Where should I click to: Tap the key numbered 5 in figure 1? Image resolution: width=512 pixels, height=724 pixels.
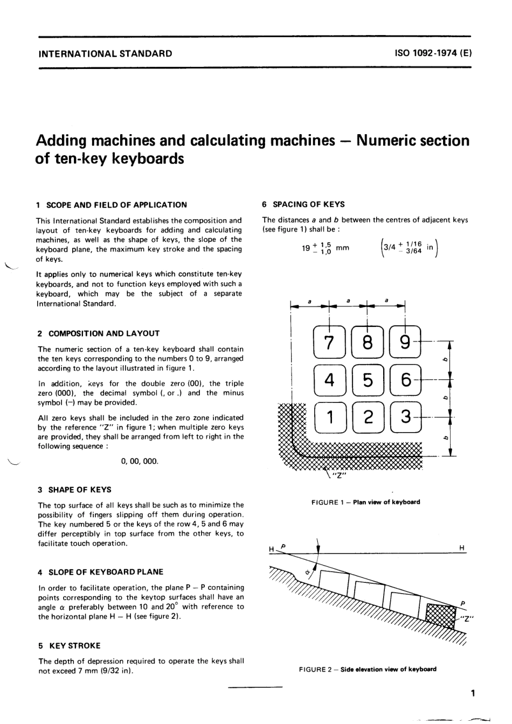coord(368,380)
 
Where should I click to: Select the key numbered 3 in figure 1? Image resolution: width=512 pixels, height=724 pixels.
coord(406,417)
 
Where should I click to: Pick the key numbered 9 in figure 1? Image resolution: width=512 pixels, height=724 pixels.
coord(406,343)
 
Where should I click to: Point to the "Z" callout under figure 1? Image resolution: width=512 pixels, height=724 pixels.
coord(340,476)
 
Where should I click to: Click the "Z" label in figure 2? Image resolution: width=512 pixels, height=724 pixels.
coord(467,618)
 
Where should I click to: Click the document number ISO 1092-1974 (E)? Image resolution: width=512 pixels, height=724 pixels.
coord(433,53)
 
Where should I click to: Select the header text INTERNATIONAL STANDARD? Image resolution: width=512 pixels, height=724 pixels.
coord(104,53)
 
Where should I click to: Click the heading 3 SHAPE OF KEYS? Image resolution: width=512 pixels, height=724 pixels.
coord(74,490)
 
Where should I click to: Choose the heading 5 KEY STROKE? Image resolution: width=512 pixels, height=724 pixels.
coord(69,645)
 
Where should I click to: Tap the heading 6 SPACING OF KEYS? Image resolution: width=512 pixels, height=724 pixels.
coord(303,204)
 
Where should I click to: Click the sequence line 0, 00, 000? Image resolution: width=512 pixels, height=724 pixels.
coord(140,462)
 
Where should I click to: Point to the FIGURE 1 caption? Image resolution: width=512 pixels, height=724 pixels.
coord(365,502)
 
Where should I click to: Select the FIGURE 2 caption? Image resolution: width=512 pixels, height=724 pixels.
coord(368,670)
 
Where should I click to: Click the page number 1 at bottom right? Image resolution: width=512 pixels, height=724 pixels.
coord(473,693)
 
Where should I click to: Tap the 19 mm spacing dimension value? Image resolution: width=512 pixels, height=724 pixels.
coord(325,248)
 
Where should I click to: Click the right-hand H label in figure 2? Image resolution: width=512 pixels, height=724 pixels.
coord(462,548)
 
